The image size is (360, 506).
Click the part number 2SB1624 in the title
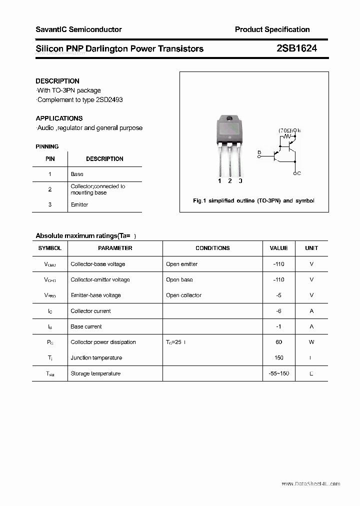(x=296, y=48)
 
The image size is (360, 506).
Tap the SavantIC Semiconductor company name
(x=78, y=29)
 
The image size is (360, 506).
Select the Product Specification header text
(x=272, y=29)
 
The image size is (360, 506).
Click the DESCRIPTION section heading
(x=57, y=81)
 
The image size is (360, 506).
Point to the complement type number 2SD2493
(x=108, y=99)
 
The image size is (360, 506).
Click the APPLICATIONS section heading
(x=59, y=118)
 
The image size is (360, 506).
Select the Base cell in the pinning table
(x=77, y=174)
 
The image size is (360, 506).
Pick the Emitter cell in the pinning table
(x=79, y=204)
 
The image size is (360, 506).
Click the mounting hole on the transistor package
(x=229, y=118)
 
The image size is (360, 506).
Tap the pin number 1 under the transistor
(x=219, y=181)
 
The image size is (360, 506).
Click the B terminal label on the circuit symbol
(x=259, y=152)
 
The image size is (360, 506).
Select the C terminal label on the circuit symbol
(x=298, y=173)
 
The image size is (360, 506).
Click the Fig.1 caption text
(x=253, y=200)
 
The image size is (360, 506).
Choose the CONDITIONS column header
(x=212, y=248)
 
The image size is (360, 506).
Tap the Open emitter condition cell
(x=181, y=264)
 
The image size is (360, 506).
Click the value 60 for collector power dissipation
(x=278, y=342)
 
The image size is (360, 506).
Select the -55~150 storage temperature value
(x=278, y=373)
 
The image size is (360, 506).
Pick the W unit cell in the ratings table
(x=311, y=342)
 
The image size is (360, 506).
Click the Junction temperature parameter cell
(x=96, y=357)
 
